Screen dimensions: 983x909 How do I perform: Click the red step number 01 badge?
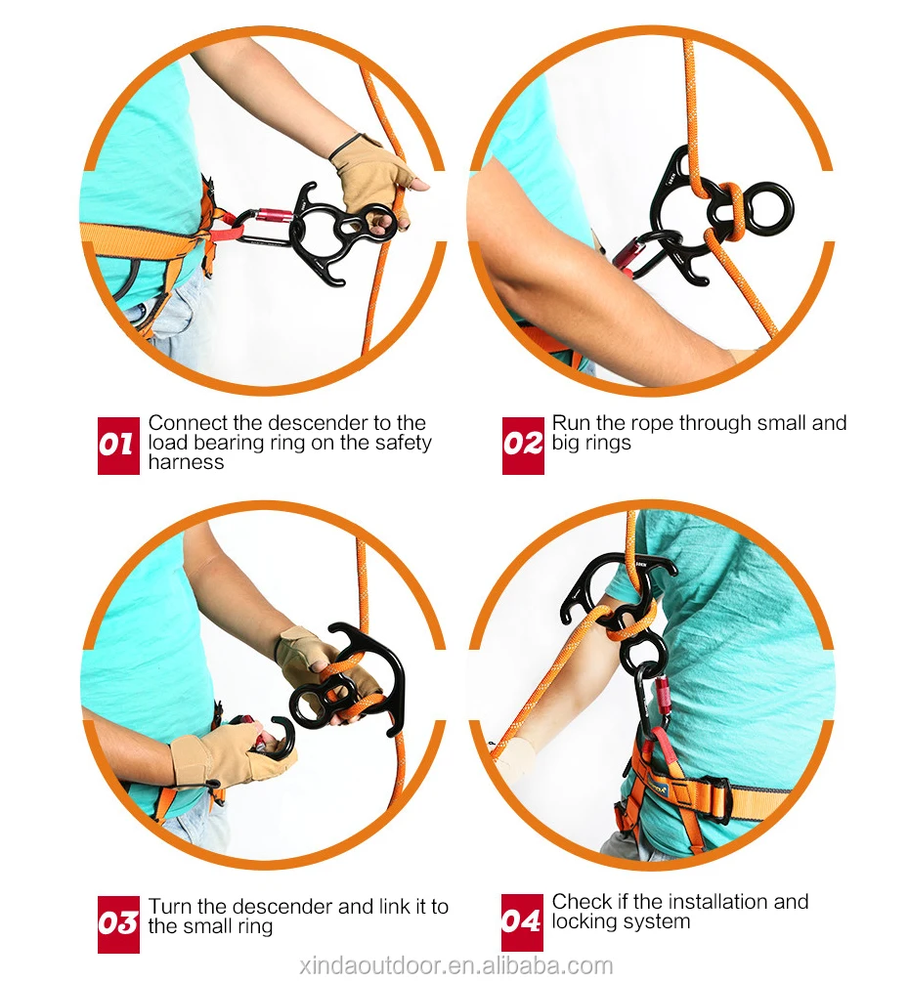click(x=118, y=446)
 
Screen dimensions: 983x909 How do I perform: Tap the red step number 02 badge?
click(x=523, y=446)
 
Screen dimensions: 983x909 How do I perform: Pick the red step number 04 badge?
click(x=523, y=922)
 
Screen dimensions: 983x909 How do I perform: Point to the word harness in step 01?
click(x=186, y=462)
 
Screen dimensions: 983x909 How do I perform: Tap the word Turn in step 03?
click(x=168, y=907)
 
